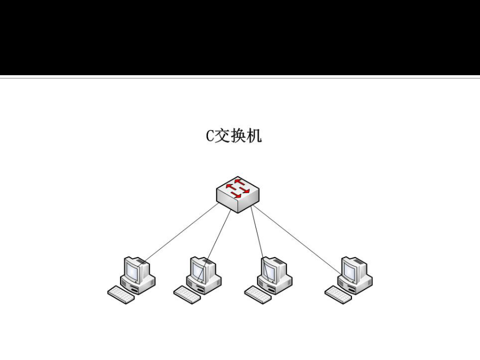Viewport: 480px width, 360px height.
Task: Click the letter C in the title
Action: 210,136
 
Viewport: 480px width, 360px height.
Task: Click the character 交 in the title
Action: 222,135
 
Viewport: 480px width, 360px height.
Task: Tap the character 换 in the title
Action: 238,135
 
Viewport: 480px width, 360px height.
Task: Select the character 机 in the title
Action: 254,135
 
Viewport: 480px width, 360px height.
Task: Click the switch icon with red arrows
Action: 238,194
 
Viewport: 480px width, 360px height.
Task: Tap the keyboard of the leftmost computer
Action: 121,295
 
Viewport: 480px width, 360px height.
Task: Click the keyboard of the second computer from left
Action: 187,295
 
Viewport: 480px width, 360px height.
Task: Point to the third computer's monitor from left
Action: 273,269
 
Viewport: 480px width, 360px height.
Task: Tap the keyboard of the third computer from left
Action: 258,295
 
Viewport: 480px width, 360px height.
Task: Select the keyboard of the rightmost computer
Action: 338,295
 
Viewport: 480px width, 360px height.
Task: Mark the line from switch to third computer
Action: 260,243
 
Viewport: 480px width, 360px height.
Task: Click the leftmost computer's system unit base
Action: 138,285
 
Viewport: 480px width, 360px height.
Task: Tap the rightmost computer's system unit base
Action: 355,285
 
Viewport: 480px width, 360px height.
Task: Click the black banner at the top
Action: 240,37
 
